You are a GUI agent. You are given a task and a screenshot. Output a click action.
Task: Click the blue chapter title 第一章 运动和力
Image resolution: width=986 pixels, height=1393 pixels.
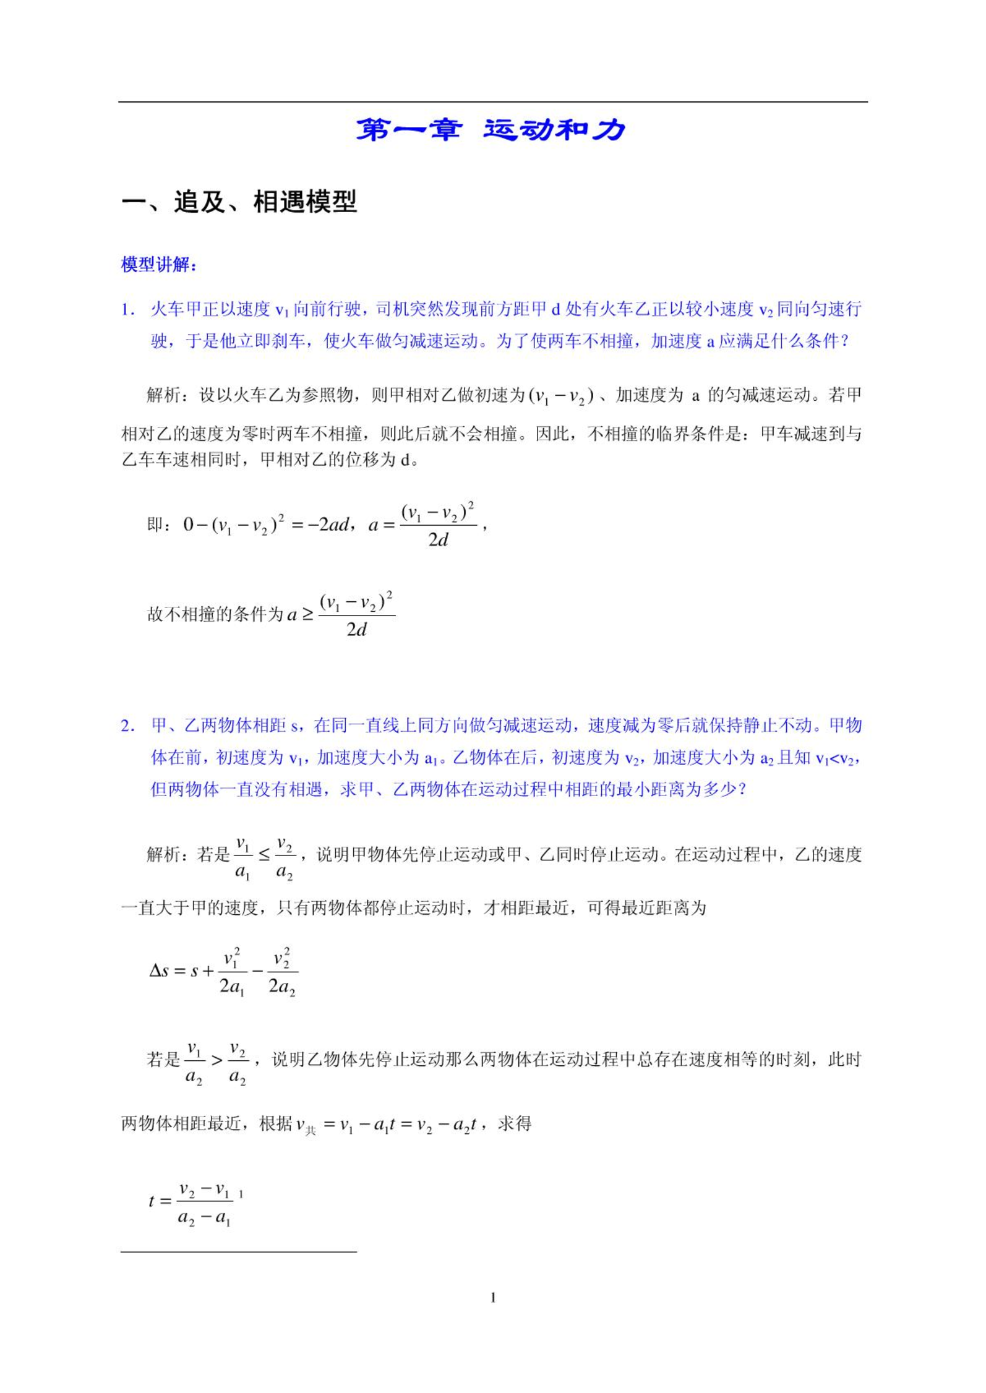click(x=491, y=130)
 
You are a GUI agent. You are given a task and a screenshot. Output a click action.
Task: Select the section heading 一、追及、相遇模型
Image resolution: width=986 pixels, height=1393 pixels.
click(x=239, y=202)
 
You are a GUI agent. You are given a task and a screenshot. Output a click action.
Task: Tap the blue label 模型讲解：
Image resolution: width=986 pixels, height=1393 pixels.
click(x=159, y=265)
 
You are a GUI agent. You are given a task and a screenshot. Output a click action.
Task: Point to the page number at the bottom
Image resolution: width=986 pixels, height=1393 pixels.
click(x=493, y=1297)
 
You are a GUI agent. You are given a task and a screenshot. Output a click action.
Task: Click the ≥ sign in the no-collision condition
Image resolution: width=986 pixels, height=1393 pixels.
click(x=307, y=614)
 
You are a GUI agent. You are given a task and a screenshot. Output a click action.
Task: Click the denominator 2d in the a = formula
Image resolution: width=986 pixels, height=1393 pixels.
click(x=438, y=540)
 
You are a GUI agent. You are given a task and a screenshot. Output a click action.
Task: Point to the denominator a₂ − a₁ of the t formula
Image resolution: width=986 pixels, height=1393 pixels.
click(x=204, y=1218)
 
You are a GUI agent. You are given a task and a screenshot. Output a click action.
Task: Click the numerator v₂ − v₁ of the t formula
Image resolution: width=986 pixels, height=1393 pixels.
click(x=204, y=1189)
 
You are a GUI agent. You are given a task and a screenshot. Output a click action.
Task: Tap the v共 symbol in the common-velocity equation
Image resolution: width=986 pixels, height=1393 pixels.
click(x=306, y=1125)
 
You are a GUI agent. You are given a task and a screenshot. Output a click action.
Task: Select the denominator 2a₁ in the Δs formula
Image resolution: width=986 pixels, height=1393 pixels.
click(x=232, y=985)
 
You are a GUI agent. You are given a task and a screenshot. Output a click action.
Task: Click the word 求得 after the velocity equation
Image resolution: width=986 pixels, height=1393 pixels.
click(x=514, y=1123)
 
